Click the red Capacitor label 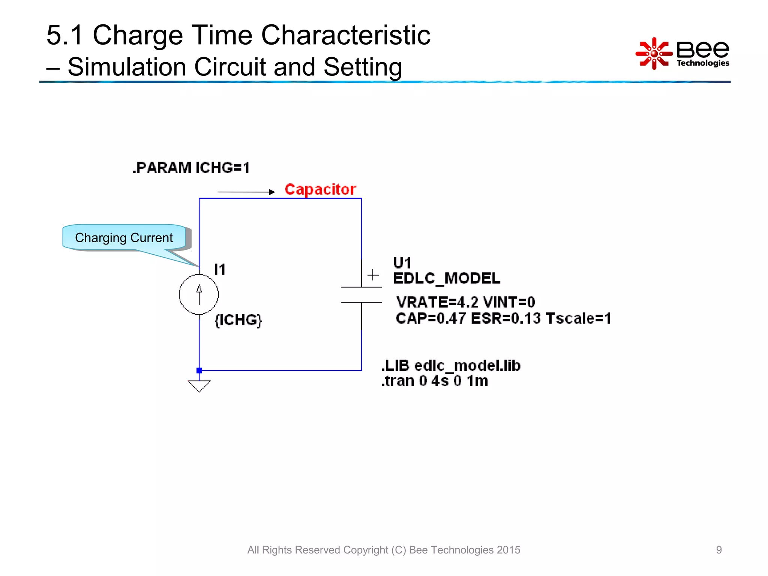pos(320,189)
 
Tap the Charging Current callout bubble pos(124,237)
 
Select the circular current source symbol pos(199,294)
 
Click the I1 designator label pos(220,269)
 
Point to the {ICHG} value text pos(238,320)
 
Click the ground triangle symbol pos(199,385)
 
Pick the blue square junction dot pos(199,370)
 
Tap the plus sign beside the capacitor pos(373,275)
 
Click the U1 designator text pos(402,263)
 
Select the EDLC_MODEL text pos(446,278)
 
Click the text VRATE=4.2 pos(437,302)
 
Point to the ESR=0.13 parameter pos(505,318)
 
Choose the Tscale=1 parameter pos(578,318)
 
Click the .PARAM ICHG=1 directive pos(191,168)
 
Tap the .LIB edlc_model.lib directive pos(451,366)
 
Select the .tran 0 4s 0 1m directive pos(435,381)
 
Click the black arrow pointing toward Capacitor pos(246,192)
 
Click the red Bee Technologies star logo pos(654,54)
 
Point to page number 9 pos(718,550)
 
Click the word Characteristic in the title pos(345,35)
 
